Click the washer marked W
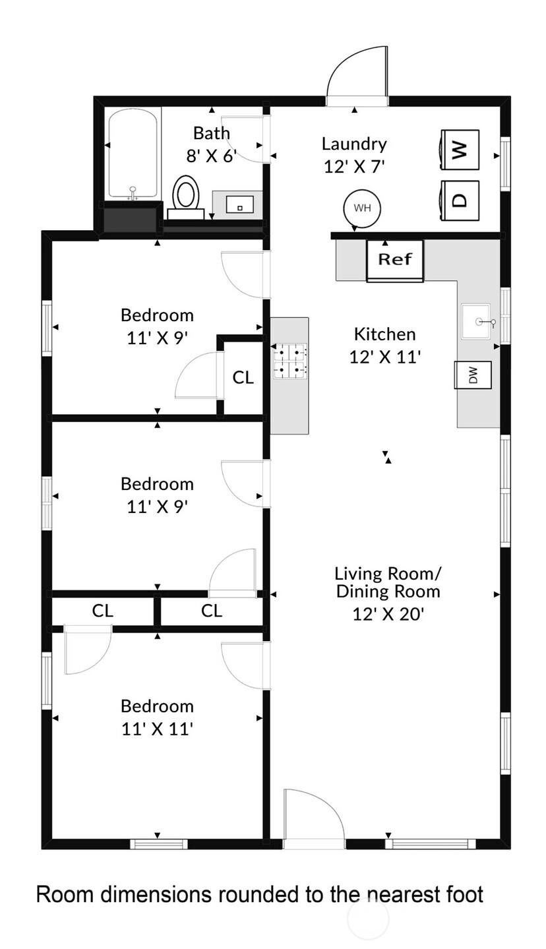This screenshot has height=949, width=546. pyautogui.click(x=459, y=150)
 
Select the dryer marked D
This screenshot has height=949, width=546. pyautogui.click(x=459, y=200)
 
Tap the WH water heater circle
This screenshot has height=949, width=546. pyautogui.click(x=362, y=208)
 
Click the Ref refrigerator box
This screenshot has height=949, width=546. pyautogui.click(x=395, y=260)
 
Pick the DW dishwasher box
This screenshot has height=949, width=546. pyautogui.click(x=473, y=375)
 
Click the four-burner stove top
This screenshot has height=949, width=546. pyautogui.click(x=290, y=361)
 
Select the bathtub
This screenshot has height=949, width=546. pyautogui.click(x=133, y=154)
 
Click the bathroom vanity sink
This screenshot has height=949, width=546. pyautogui.click(x=239, y=204)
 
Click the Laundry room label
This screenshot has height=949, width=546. pyautogui.click(x=354, y=144)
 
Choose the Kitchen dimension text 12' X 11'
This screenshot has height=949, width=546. pyautogui.click(x=384, y=357)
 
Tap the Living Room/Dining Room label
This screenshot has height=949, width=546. pyautogui.click(x=388, y=582)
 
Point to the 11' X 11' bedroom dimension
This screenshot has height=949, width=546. pyautogui.click(x=158, y=729)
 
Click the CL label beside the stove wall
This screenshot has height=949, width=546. pyautogui.click(x=243, y=377)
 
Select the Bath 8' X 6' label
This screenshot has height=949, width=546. pyautogui.click(x=212, y=144)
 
